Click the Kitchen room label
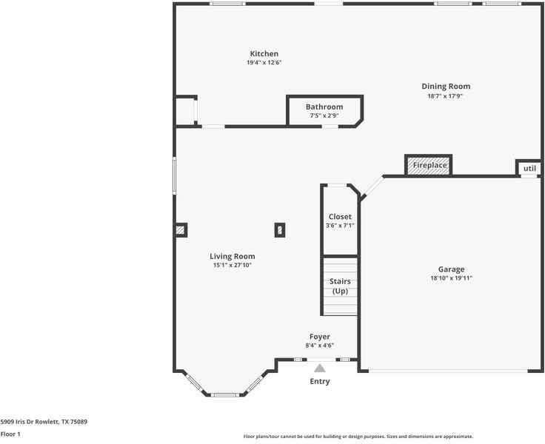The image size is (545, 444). [x=264, y=54]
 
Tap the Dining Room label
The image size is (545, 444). [x=446, y=87]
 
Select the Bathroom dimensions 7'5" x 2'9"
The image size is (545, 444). [x=324, y=115]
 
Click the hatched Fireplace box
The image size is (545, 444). [x=429, y=165]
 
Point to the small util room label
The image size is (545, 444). [x=529, y=169]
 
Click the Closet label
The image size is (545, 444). [x=340, y=217]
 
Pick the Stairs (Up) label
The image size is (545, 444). [x=340, y=286]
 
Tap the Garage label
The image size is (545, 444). [x=451, y=269]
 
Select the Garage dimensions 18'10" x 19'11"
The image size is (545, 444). [x=451, y=278]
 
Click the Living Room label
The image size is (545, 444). [x=233, y=256]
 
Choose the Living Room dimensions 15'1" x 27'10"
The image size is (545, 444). [x=233, y=265]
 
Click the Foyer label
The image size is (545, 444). [x=319, y=337]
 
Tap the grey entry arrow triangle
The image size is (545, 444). [x=319, y=367]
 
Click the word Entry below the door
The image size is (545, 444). [x=319, y=382]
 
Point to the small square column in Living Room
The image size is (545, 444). [x=280, y=230]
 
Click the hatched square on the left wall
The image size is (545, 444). [x=181, y=230]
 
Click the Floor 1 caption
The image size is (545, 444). [x=10, y=434]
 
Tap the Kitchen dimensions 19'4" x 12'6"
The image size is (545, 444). [x=264, y=63]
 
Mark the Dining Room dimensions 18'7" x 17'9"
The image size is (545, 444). [x=446, y=95]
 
